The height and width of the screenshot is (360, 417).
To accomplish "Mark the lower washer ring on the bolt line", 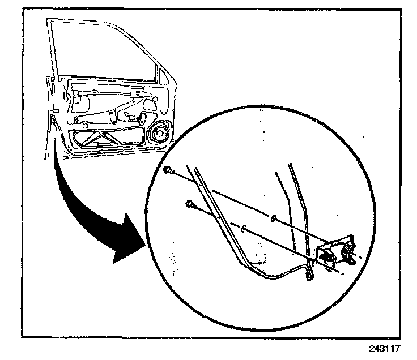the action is pyautogui.click(x=244, y=229).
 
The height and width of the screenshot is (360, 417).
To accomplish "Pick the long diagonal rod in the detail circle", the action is pyautogui.click(x=227, y=226).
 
